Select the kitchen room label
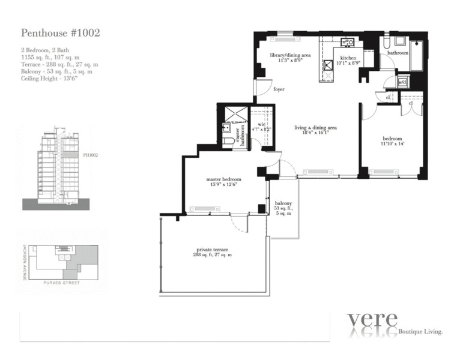click(x=348, y=59)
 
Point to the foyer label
click(x=279, y=89)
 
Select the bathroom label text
click(x=398, y=53)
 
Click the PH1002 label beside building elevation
click(x=90, y=155)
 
